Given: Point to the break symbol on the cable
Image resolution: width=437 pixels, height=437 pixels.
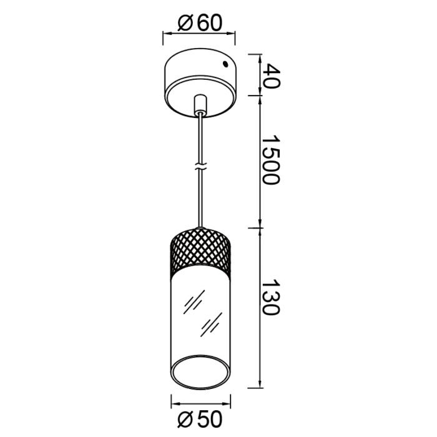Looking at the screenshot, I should [200, 168].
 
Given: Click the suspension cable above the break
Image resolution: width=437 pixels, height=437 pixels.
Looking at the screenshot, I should [200, 137].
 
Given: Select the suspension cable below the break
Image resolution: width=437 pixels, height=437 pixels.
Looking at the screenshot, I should [200, 200].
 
